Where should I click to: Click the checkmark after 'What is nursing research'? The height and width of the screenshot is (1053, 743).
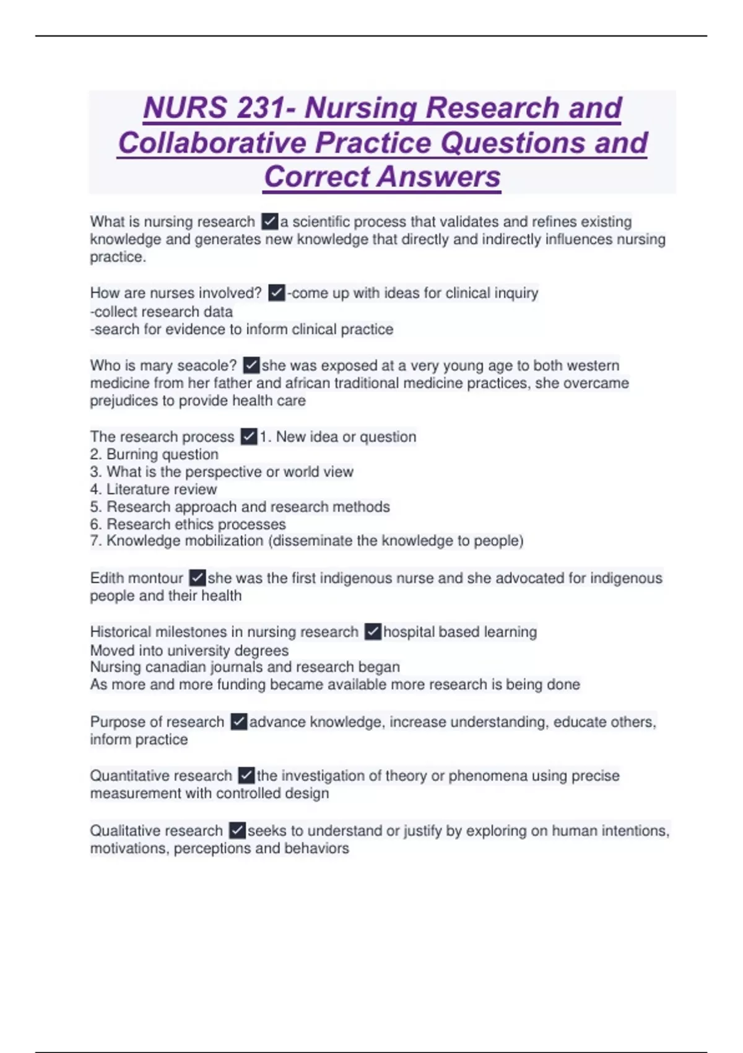point(269,221)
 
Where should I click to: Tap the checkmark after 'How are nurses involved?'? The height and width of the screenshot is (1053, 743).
point(277,292)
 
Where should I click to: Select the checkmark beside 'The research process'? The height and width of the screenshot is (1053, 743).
point(248,437)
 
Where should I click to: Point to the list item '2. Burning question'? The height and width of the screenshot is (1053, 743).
point(154,454)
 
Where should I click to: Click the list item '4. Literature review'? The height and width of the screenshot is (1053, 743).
point(154,489)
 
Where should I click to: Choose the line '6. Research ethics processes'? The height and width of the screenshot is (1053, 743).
point(188,524)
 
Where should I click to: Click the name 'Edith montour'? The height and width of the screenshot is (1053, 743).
point(136,578)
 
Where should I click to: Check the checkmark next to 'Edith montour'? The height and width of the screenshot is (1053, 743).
point(197,578)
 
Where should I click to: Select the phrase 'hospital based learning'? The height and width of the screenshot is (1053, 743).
point(460,632)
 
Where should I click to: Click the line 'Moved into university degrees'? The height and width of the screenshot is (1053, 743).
point(189,650)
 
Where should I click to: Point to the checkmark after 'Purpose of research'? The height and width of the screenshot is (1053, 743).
point(238,722)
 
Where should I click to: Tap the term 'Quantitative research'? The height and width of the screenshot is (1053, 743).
point(160,776)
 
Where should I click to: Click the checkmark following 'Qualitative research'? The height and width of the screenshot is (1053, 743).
point(237,830)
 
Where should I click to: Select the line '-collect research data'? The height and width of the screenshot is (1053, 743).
point(162,312)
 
